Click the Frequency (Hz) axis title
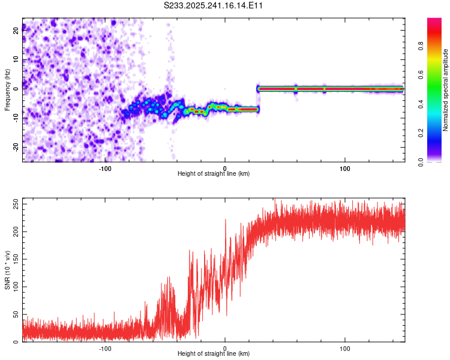[7, 90]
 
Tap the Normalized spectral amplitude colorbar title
[446, 90]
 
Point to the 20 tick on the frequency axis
[16, 31]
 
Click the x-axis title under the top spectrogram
[214, 173]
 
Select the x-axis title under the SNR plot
[214, 353]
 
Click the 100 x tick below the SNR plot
[345, 347]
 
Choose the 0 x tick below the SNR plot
[225, 347]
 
